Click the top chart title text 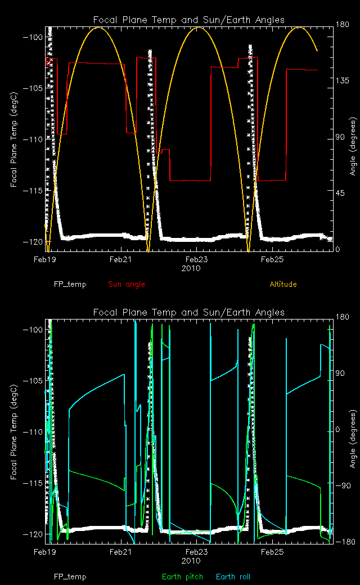tap(188, 20)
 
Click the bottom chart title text tap(188, 312)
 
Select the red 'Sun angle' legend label tap(123, 284)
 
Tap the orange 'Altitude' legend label tap(283, 284)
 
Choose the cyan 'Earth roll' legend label tap(233, 577)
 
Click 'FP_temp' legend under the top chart tap(70, 284)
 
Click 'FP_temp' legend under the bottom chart tap(70, 577)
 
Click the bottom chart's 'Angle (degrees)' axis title tap(353, 431)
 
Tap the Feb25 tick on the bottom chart tap(272, 552)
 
